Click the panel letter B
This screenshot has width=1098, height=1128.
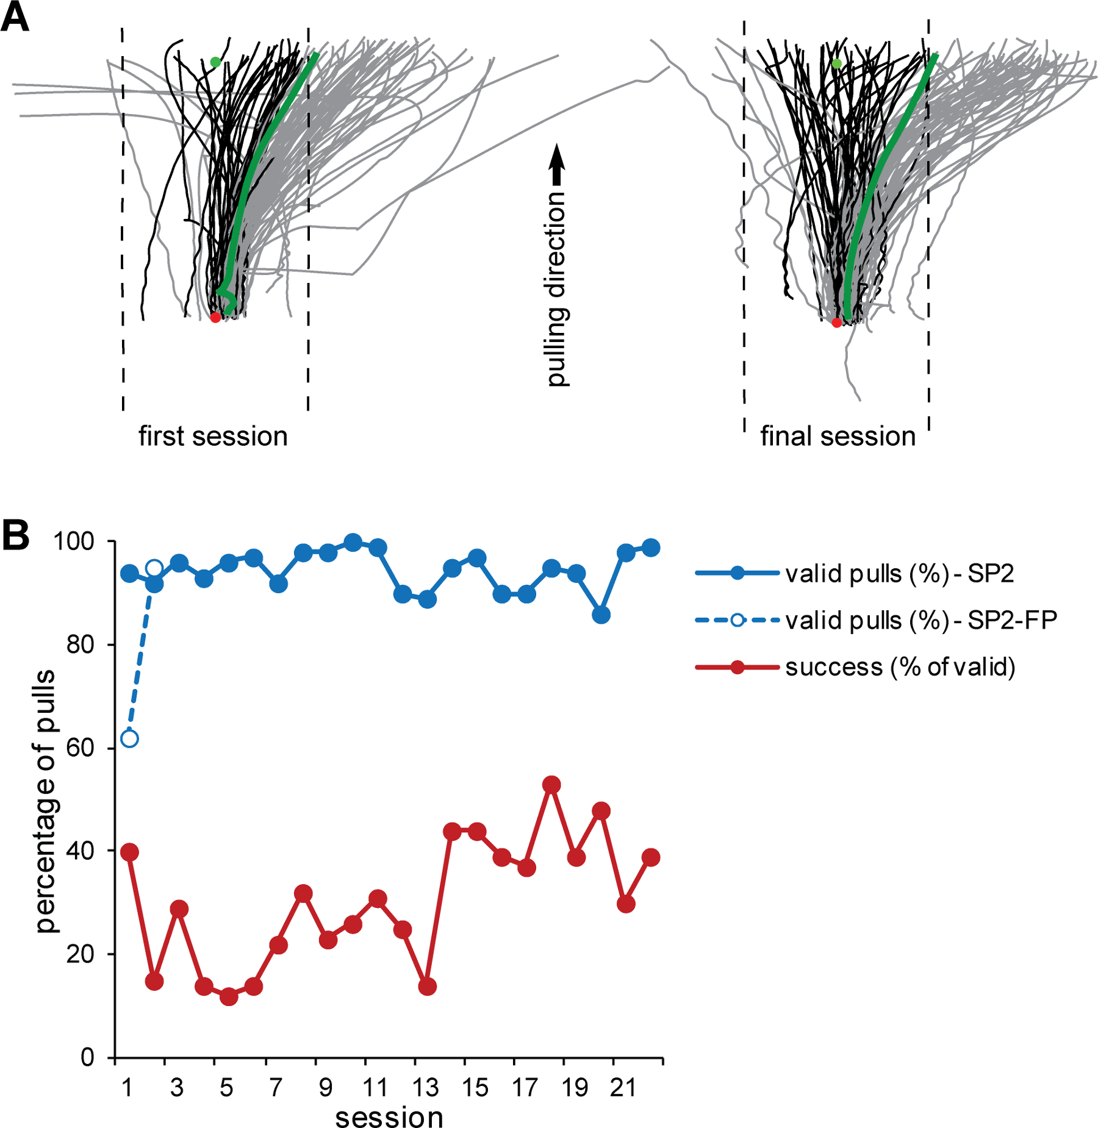[x=15, y=535]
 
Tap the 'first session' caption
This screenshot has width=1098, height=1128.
[x=213, y=437]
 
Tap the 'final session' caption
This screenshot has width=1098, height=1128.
[x=838, y=437]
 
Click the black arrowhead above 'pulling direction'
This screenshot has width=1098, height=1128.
[x=556, y=156]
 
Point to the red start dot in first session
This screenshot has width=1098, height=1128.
[x=215, y=318]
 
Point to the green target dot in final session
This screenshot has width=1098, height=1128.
[x=837, y=63]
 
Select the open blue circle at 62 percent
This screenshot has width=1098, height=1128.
[x=129, y=739]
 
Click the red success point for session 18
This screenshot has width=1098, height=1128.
[x=551, y=785]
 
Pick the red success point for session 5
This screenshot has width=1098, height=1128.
[x=229, y=996]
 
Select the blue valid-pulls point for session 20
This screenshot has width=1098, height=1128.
[x=601, y=615]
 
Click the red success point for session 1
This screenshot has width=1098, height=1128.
[x=129, y=852]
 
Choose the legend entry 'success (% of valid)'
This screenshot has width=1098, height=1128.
[x=900, y=667]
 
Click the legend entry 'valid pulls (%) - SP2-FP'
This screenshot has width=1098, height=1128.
[x=920, y=620]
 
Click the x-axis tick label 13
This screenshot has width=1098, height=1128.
[x=425, y=1087]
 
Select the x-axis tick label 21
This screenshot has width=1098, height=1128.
[x=623, y=1087]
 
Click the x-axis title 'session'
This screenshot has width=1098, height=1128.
[x=389, y=1117]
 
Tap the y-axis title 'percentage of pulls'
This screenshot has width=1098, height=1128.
[x=46, y=801]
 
